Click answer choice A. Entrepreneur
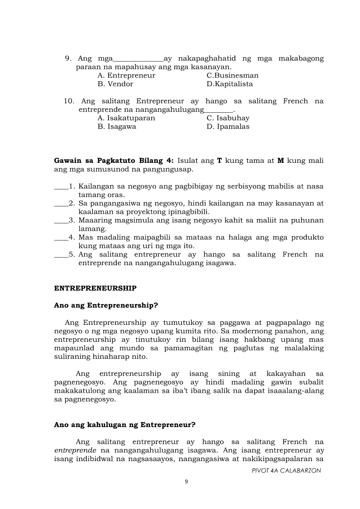coord(126,75)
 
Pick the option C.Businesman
coord(232,75)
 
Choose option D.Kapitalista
coord(230,84)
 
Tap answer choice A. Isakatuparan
coord(126,118)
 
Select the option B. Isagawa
coord(117,127)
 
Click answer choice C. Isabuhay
coord(228,118)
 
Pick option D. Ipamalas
coord(228,127)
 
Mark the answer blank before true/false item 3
coord(61,221)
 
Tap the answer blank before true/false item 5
coord(61,255)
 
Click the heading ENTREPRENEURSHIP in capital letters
coord(95,288)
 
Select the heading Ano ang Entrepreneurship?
coord(105,305)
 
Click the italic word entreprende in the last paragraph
coord(75,450)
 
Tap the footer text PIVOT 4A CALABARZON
coord(286,471)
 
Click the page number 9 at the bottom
coord(186,482)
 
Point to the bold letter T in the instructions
coord(220,161)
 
